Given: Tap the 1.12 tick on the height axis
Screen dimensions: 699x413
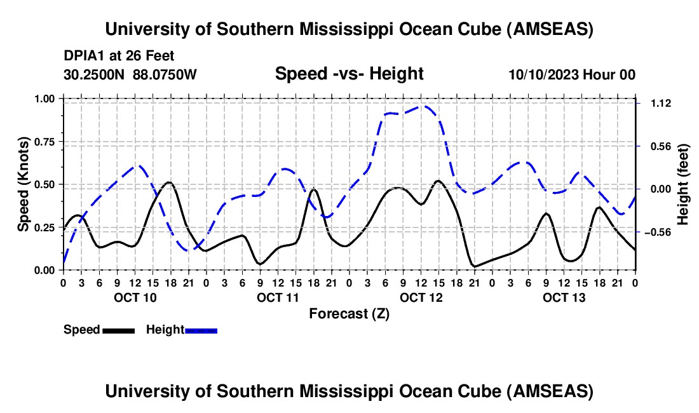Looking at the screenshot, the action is (661, 104).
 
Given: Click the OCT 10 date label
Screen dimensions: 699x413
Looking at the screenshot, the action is (135, 297).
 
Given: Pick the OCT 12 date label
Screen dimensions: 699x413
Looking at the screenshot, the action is (421, 297).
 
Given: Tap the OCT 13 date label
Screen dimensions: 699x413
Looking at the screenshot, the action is (564, 297).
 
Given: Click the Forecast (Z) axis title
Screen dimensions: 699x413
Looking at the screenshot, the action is (349, 314).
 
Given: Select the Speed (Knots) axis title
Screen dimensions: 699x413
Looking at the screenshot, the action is (23, 184).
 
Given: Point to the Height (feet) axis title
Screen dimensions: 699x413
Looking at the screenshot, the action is (682, 184).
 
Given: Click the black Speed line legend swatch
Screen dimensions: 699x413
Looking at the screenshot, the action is (119, 330).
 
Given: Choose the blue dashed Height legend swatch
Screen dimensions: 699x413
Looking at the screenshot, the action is (201, 330).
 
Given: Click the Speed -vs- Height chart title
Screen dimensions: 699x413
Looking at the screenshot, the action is (349, 74).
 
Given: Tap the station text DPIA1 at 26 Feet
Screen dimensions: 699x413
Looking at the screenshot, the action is (119, 56).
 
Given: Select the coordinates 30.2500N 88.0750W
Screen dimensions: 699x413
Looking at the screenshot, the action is (130, 74).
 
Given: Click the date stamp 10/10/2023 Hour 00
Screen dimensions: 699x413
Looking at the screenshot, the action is (572, 74).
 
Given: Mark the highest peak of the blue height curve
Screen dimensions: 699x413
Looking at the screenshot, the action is (423, 106).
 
